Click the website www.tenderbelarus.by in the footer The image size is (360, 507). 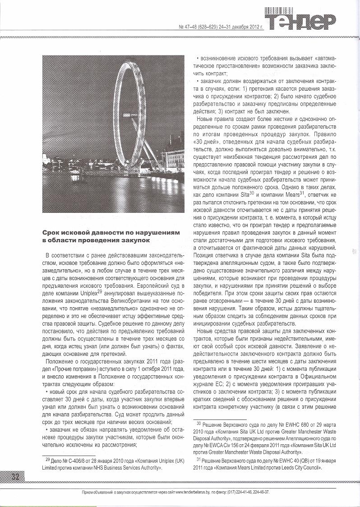195,492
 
